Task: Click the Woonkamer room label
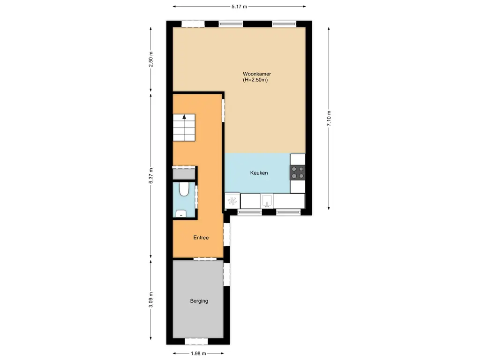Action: click(x=256, y=74)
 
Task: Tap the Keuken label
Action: click(x=259, y=173)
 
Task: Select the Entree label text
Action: click(x=201, y=238)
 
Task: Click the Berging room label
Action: click(x=199, y=301)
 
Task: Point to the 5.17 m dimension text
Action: click(x=239, y=7)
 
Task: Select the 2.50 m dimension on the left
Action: click(x=150, y=59)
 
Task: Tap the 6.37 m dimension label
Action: click(x=150, y=176)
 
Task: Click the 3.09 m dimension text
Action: click(x=150, y=300)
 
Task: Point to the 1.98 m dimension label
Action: click(x=199, y=354)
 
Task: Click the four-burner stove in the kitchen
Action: click(x=298, y=173)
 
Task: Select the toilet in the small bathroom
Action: click(x=184, y=189)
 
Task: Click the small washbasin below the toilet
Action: click(x=180, y=214)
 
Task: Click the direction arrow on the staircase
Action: click(x=184, y=118)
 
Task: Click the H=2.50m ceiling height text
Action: click(x=255, y=80)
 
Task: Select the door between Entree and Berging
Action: click(x=204, y=258)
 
